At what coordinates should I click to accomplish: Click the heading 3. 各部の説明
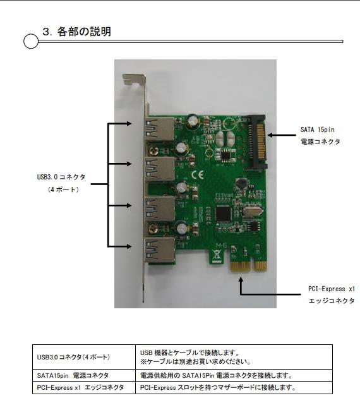[76, 32]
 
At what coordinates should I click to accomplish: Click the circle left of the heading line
[31, 41]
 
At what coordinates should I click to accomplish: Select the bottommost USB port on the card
[160, 251]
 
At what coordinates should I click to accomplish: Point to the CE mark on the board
[197, 175]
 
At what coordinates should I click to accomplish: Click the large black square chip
[224, 214]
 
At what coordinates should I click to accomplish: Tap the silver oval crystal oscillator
[251, 211]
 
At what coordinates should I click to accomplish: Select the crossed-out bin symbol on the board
[217, 255]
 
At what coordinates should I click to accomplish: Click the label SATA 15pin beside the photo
[318, 130]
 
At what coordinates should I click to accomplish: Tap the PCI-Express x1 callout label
[332, 289]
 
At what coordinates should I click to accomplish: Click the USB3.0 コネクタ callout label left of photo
[61, 177]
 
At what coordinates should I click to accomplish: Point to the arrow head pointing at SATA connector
[270, 135]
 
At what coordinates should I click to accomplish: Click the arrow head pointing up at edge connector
[241, 279]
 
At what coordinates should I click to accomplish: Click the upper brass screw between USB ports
[153, 149]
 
